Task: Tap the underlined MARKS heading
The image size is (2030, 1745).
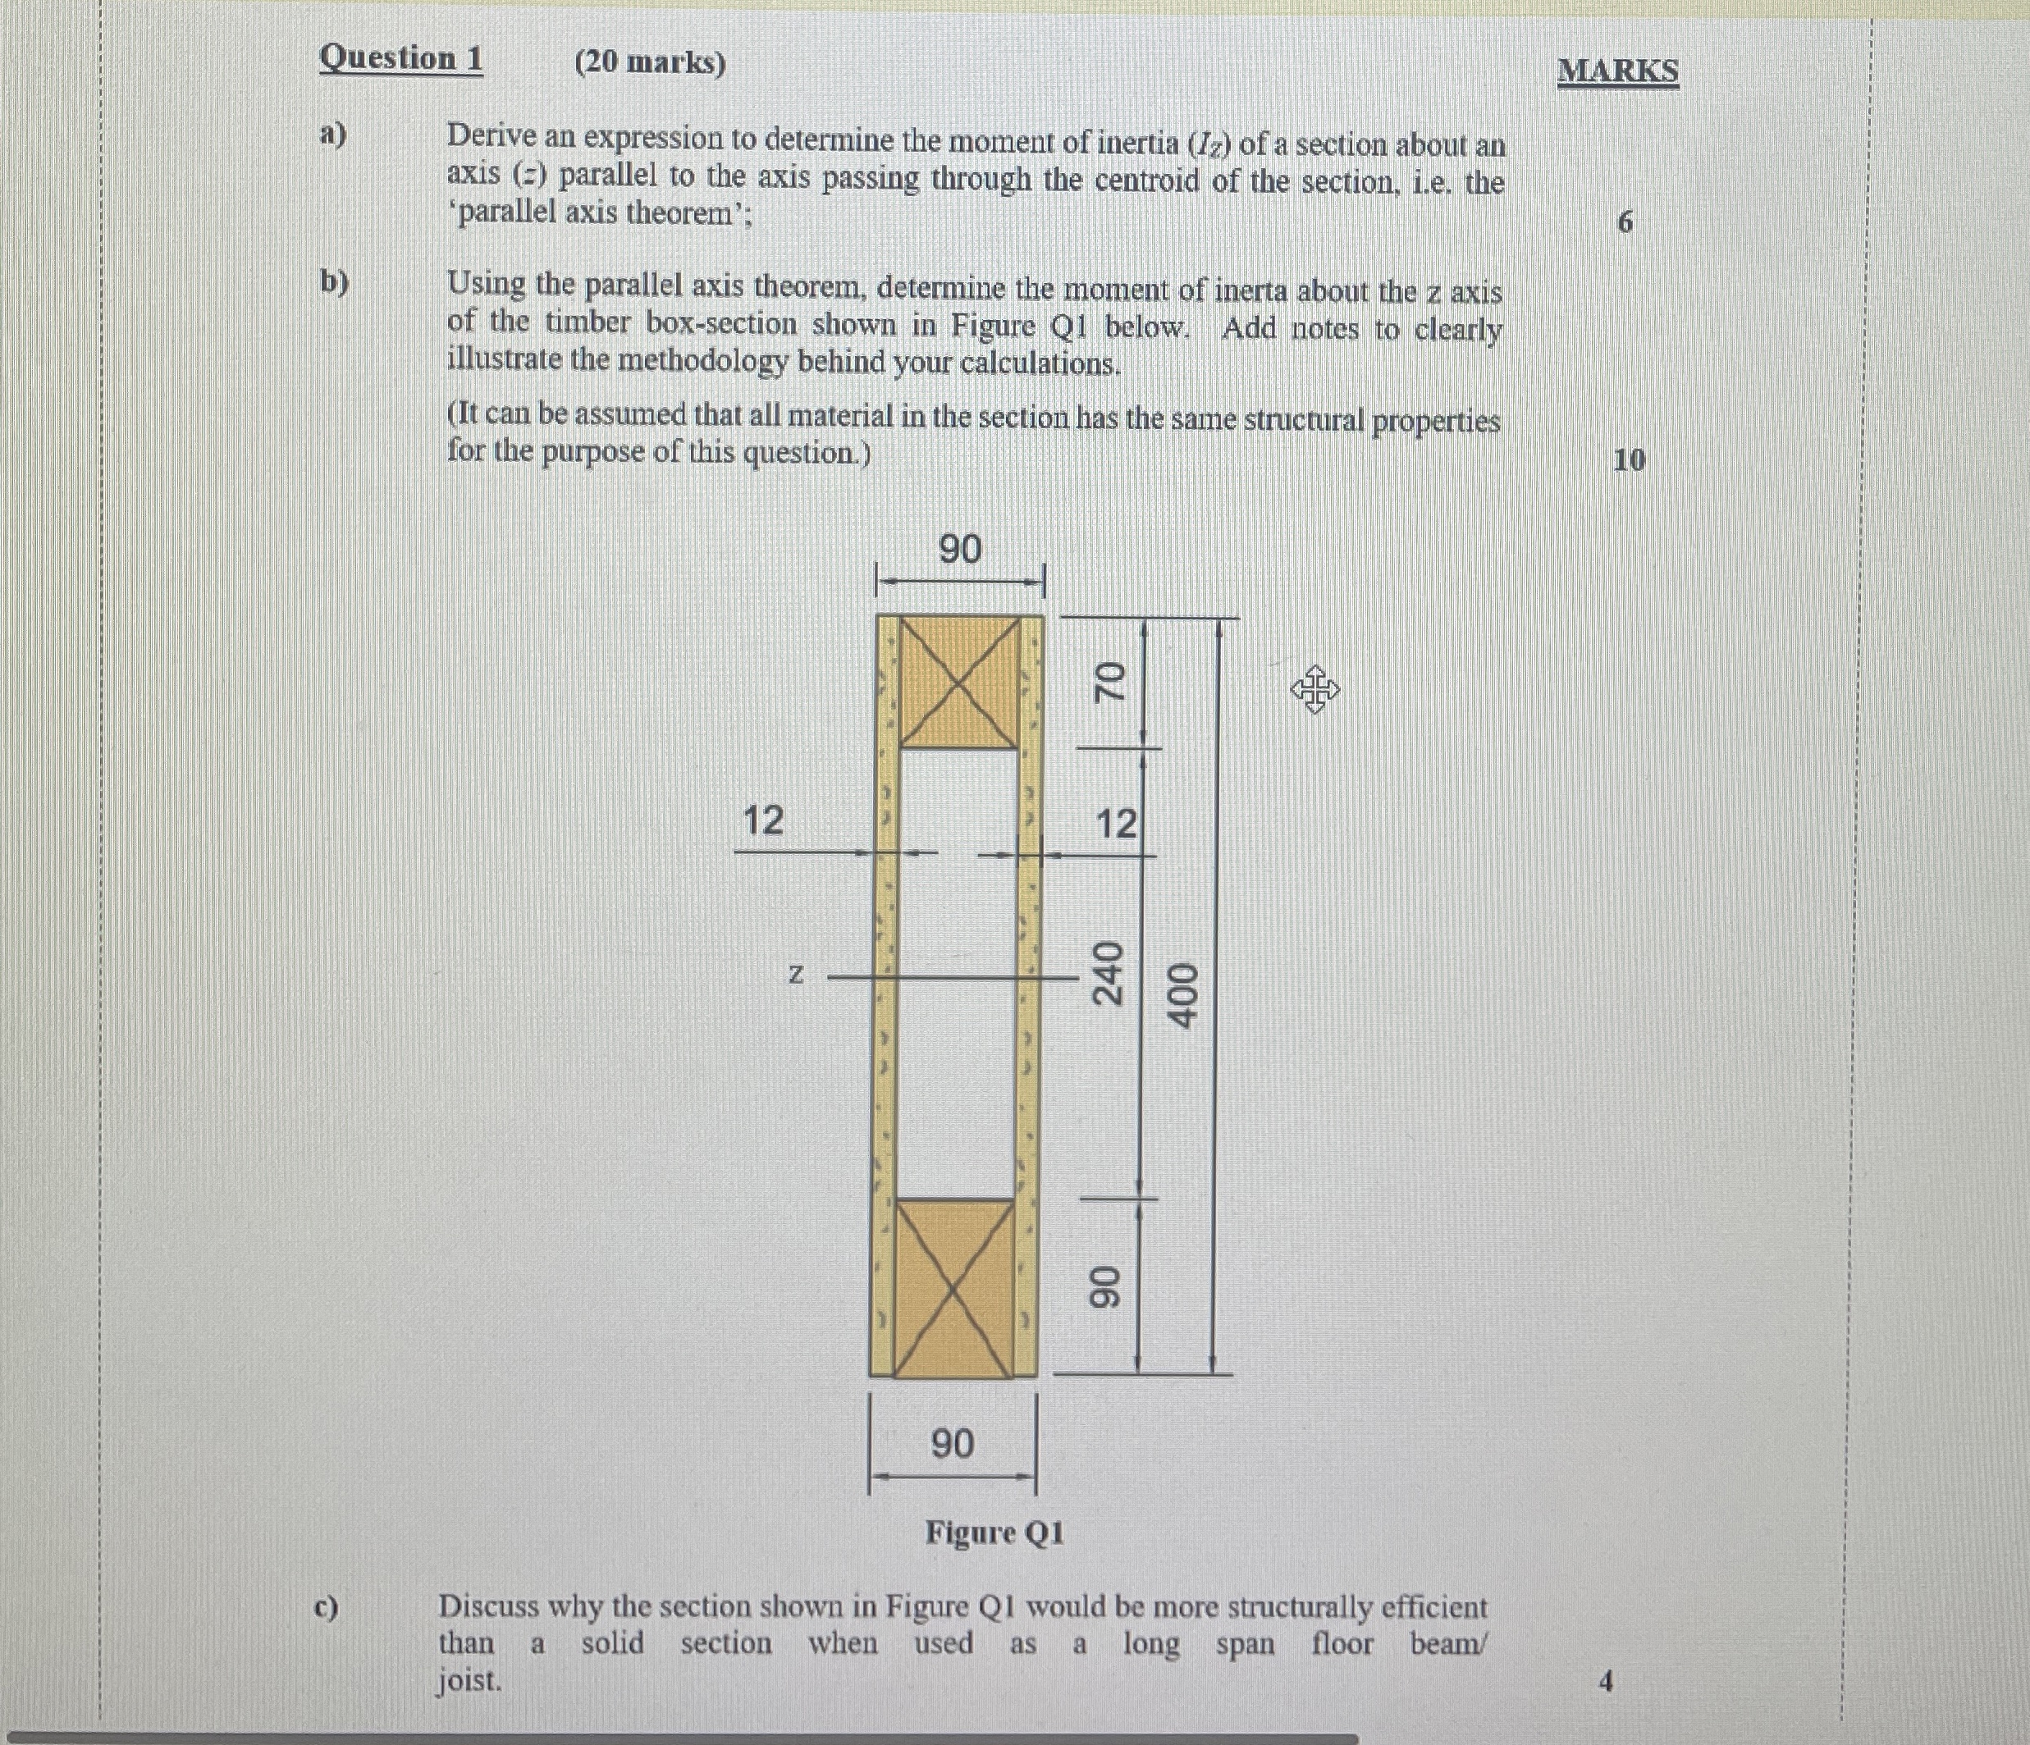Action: [1617, 71]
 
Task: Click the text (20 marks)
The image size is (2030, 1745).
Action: [650, 62]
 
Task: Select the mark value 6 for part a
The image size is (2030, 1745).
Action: [1625, 222]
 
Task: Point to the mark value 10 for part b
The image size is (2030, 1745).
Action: [1628, 459]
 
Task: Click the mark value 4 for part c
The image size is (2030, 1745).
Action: [1605, 1681]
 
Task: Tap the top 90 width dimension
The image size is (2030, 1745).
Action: [959, 550]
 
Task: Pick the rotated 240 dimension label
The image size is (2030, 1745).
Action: [1108, 973]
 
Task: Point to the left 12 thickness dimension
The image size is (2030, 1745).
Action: [763, 820]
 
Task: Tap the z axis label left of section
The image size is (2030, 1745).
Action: [797, 974]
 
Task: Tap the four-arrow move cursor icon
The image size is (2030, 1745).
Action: [1314, 690]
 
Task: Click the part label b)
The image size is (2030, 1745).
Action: [334, 282]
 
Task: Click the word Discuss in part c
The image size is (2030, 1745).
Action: [488, 1607]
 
